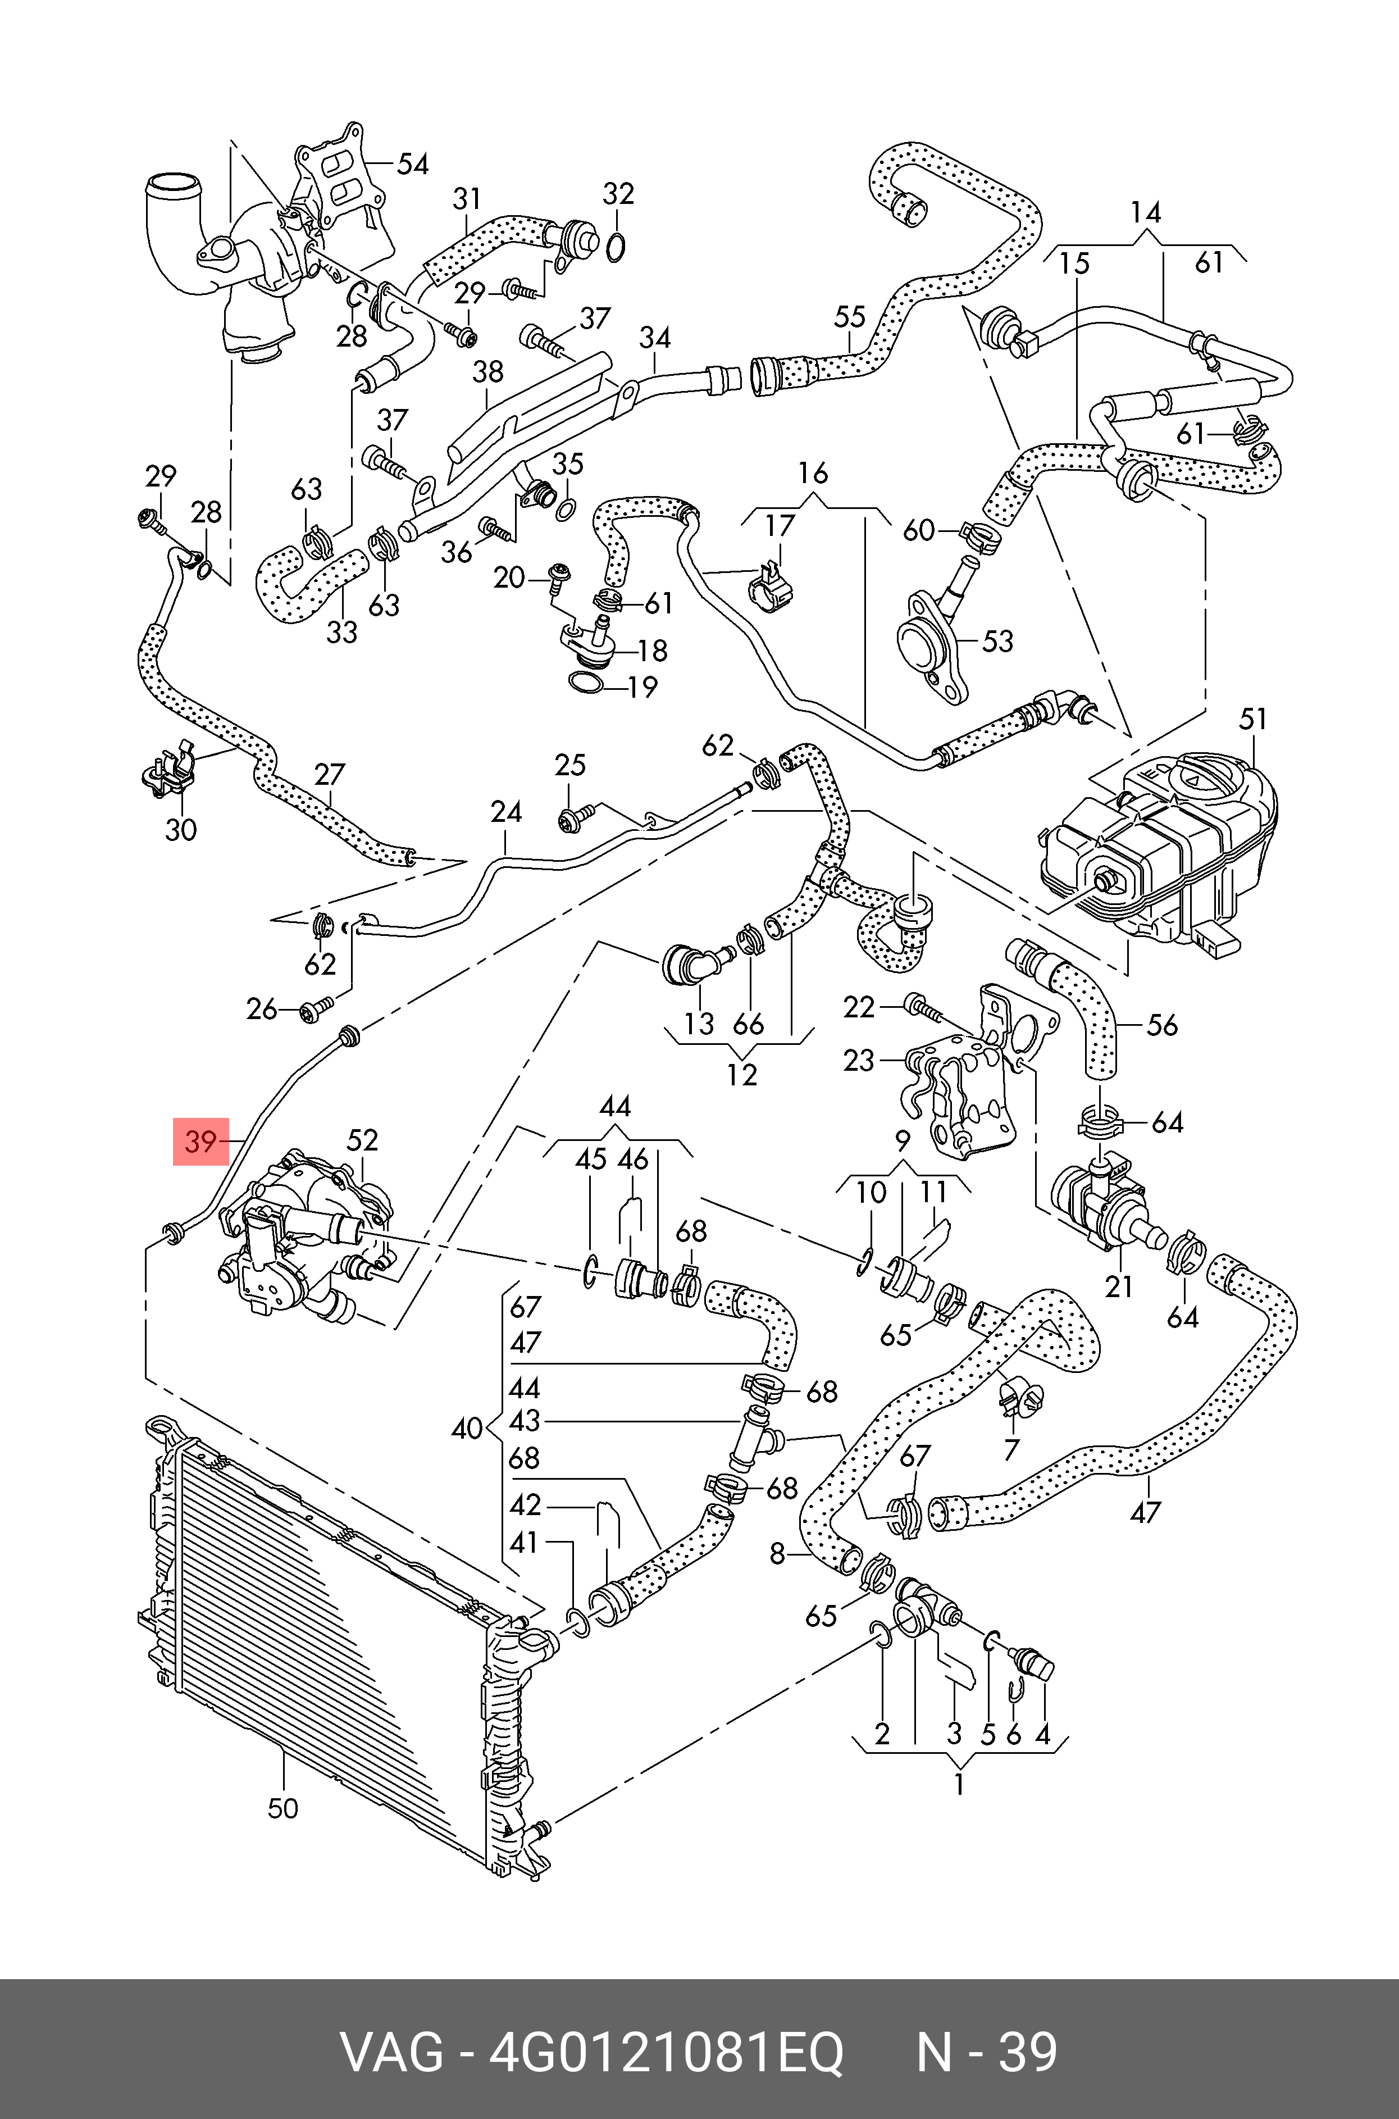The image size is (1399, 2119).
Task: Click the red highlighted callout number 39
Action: (200, 1141)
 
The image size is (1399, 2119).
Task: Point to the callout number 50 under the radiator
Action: (283, 1808)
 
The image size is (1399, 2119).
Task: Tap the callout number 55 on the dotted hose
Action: (849, 317)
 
